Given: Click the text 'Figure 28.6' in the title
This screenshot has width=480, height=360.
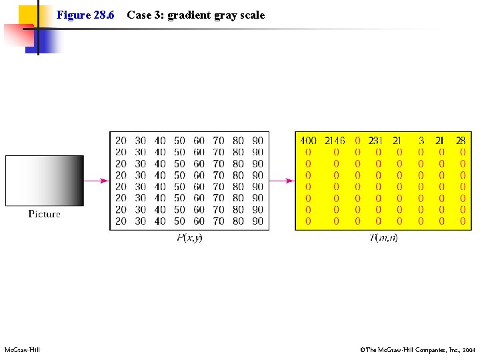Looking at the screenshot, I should tap(85, 15).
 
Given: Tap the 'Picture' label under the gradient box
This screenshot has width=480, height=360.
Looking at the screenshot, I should tap(45, 214).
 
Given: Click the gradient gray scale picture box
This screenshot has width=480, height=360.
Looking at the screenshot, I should tap(45, 180).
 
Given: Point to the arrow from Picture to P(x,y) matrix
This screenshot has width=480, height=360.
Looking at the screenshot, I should tap(97, 180).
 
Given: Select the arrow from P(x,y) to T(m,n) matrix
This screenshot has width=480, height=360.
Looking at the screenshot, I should tap(282, 180).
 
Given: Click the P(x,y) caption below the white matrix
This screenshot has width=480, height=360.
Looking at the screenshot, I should tap(189, 238).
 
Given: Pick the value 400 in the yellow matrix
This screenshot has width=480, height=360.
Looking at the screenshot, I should tap(308, 141).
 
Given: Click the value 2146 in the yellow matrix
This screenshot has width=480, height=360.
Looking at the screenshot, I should tap(335, 141).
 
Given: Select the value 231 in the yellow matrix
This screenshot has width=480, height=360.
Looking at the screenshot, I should tap(375, 141).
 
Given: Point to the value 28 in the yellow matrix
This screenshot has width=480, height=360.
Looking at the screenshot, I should tap(461, 141).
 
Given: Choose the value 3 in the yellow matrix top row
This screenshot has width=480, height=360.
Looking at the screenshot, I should tap(421, 141).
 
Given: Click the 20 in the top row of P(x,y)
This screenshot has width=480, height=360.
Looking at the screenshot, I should tap(121, 141).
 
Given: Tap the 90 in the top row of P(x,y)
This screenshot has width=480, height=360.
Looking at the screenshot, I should tap(257, 141).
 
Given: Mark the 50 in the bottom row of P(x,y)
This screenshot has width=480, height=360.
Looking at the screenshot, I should tap(179, 221).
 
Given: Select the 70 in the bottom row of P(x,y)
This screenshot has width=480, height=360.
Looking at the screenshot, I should tap(219, 221).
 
